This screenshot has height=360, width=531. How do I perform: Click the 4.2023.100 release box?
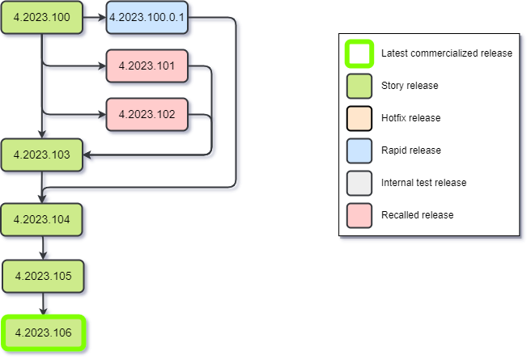pos(41,18)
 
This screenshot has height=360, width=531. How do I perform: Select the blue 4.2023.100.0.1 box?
pos(147,18)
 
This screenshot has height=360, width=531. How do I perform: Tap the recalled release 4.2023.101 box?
pos(147,66)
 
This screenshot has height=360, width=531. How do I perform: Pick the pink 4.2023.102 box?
pos(147,114)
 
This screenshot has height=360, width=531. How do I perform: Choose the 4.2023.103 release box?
pos(41,154)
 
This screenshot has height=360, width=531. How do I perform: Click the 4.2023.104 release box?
pos(41,219)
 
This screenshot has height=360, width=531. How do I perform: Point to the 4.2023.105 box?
pos(43,276)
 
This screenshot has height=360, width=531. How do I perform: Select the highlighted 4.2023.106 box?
pos(43,332)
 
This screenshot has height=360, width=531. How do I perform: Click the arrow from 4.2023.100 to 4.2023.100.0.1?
pos(94,18)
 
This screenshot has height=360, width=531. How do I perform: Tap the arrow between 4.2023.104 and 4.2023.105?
pos(43,248)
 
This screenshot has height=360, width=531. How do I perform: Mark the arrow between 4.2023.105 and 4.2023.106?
pos(43,304)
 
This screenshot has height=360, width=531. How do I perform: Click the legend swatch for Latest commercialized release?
pos(359,53)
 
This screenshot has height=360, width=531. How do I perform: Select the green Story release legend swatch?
pos(359,86)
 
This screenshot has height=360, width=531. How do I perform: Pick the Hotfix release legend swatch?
pos(359,118)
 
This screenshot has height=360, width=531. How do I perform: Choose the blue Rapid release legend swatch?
pos(359,150)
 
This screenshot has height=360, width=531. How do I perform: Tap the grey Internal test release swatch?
pos(359,183)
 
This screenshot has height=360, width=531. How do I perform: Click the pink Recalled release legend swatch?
pos(359,215)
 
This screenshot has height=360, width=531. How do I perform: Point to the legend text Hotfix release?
pos(410,118)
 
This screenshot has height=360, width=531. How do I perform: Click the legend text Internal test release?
pos(423,183)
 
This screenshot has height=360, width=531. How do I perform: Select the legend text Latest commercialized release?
pos(446,53)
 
